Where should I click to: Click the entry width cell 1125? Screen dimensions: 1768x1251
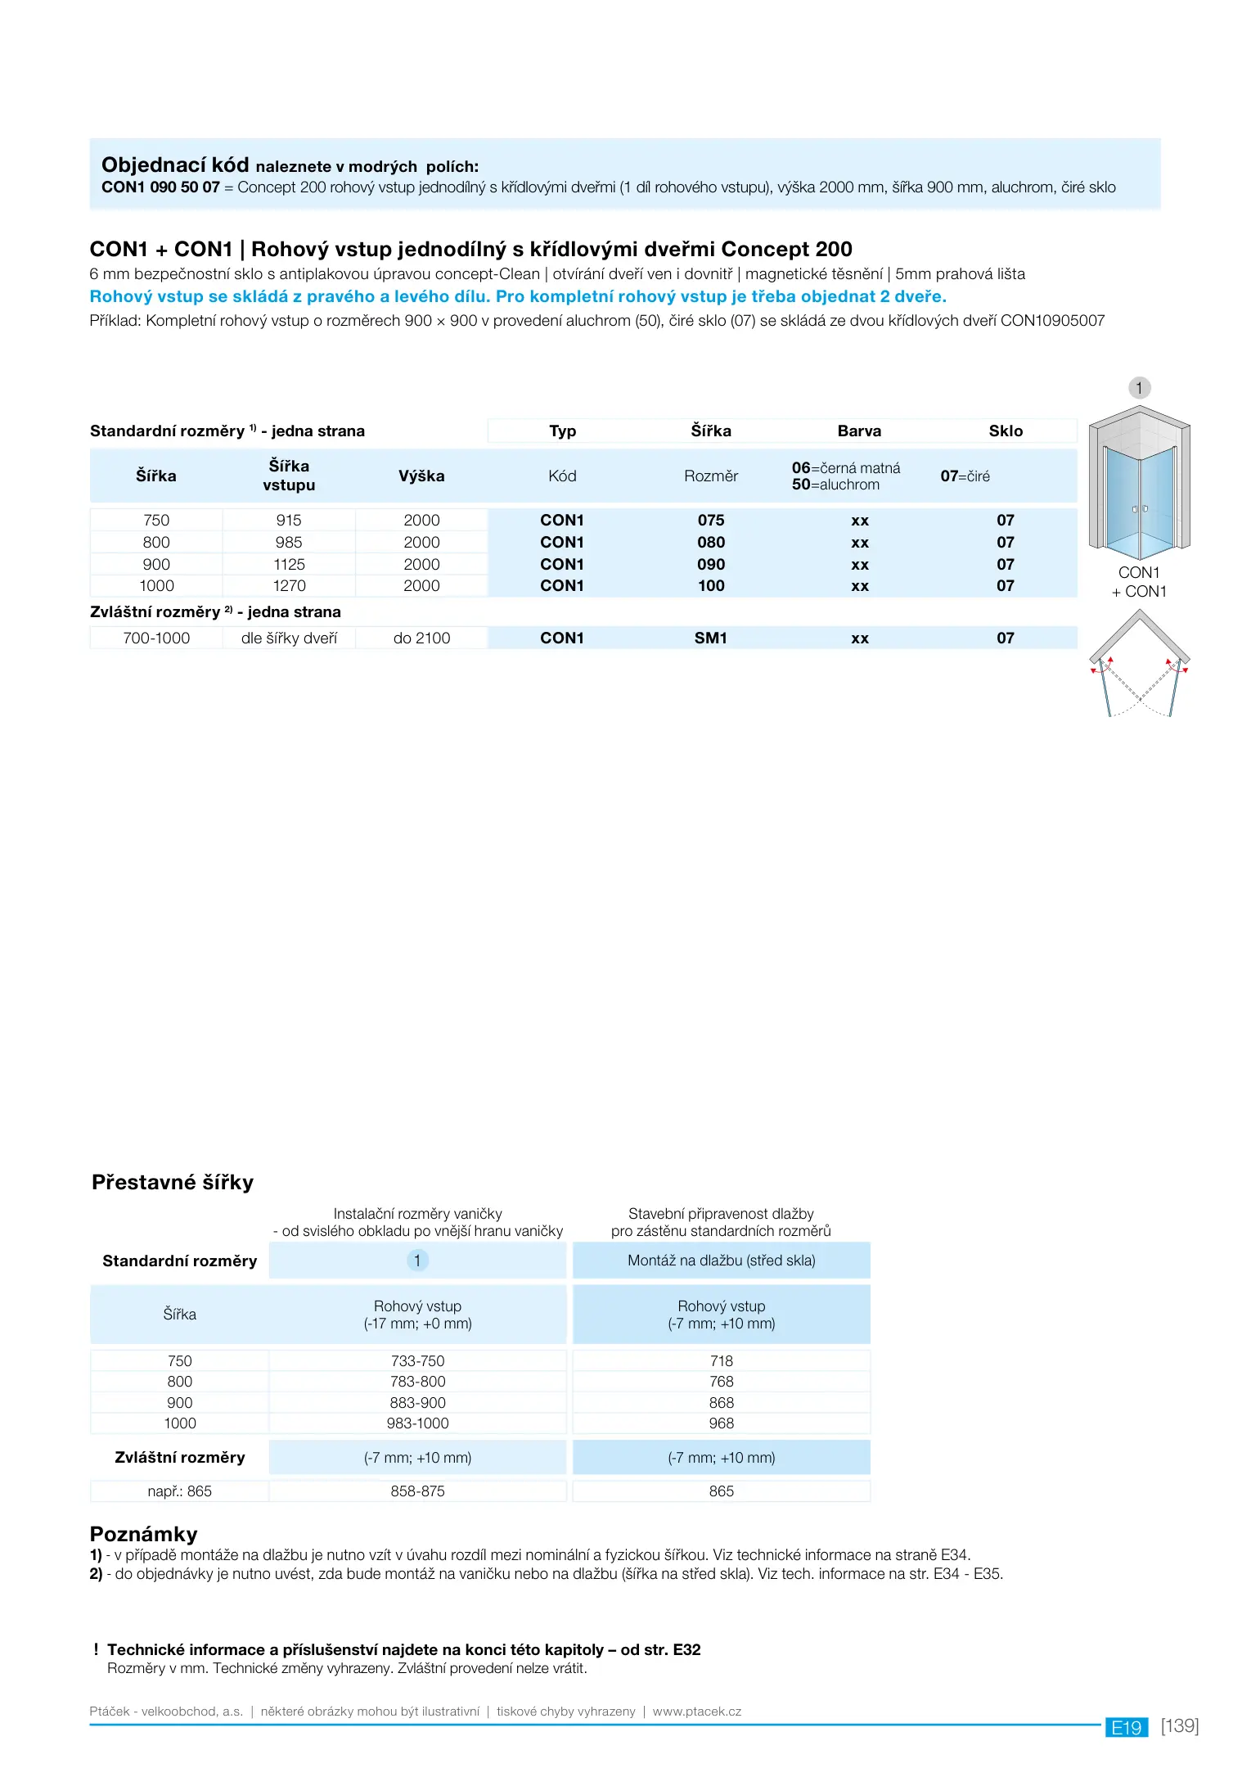point(289,564)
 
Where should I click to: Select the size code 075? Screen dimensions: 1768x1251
point(711,520)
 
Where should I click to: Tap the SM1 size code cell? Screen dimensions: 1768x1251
point(711,638)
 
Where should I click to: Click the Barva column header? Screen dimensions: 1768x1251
point(859,431)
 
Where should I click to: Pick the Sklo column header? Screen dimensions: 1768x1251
point(1006,431)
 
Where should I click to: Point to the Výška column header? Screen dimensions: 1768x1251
point(421,476)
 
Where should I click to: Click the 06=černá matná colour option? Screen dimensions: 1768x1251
point(845,467)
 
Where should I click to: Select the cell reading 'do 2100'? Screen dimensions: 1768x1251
point(421,638)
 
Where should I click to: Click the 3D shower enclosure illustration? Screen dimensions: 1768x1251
point(1139,482)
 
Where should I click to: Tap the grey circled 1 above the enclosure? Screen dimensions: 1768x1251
point(1140,387)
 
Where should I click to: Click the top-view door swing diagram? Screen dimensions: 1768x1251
point(1140,665)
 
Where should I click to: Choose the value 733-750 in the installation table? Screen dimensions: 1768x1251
point(417,1360)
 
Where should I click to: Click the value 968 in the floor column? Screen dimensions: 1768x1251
point(721,1423)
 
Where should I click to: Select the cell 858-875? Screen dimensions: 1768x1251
point(417,1491)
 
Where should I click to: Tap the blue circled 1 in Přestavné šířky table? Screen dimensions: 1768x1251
point(417,1260)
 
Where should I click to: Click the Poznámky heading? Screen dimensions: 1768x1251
point(144,1533)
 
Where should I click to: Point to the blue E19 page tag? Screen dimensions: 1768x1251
point(1126,1727)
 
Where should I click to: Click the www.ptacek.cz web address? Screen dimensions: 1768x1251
point(696,1711)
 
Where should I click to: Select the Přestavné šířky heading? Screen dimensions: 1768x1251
point(173,1182)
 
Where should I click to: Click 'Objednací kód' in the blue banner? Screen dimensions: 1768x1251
point(175,165)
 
